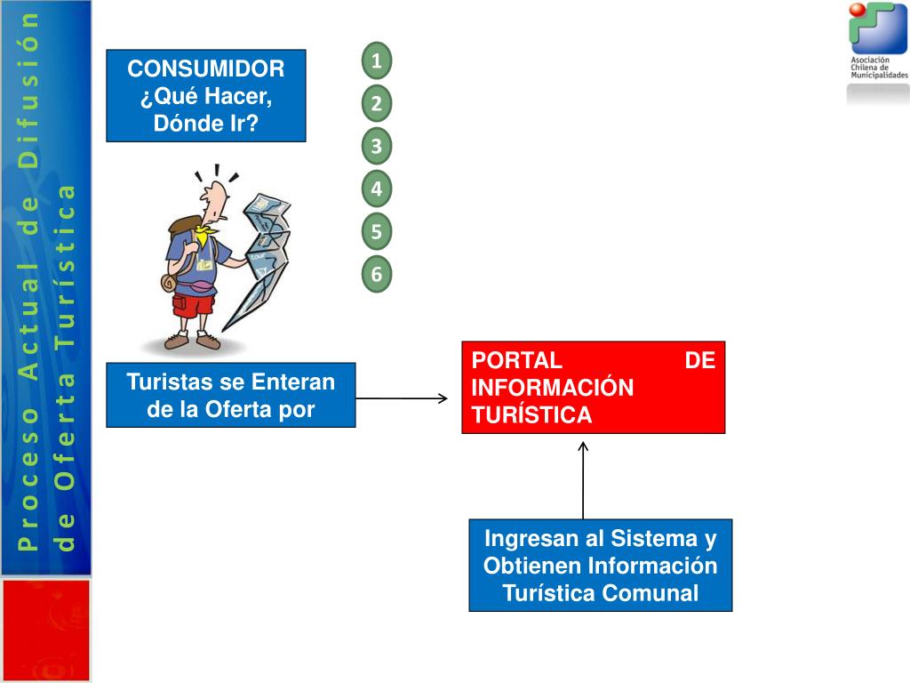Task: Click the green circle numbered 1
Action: [377, 61]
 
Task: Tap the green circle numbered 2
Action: [377, 104]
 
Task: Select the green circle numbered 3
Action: [377, 146]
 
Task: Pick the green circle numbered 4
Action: [377, 189]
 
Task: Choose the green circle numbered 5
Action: [377, 232]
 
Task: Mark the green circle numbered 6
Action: [377, 275]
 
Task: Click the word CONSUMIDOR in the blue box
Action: [206, 69]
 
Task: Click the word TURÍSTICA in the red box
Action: [531, 414]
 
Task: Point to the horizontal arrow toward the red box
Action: [402, 398]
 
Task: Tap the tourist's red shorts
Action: [193, 305]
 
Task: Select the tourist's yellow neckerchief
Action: [206, 235]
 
